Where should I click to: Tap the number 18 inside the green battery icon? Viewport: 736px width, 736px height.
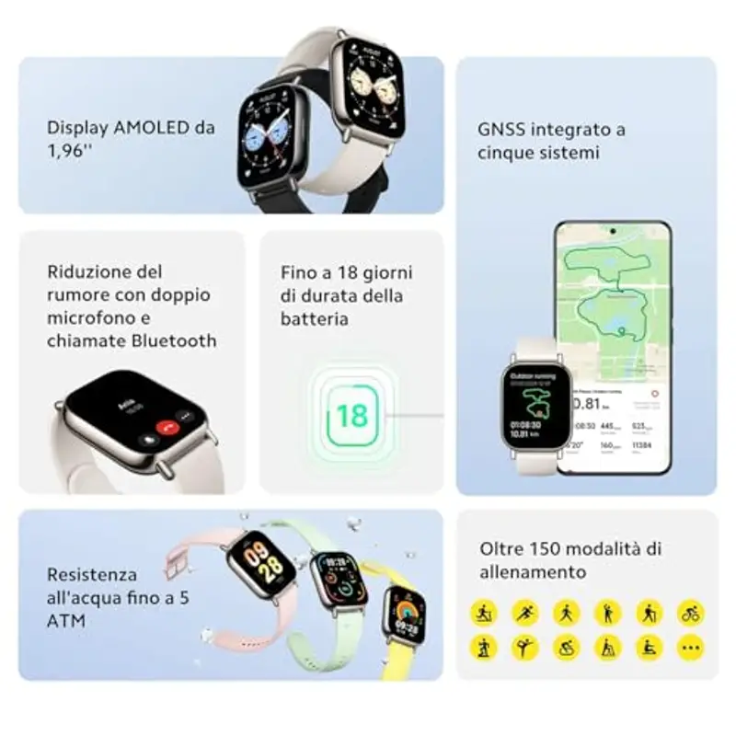351,416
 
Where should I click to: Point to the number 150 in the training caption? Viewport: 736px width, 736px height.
549,548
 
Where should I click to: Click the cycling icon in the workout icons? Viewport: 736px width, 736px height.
691,612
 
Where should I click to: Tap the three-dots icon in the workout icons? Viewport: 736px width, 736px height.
691,647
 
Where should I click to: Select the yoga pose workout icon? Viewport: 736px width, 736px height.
525,647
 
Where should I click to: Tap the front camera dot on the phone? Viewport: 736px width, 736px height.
612,230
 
